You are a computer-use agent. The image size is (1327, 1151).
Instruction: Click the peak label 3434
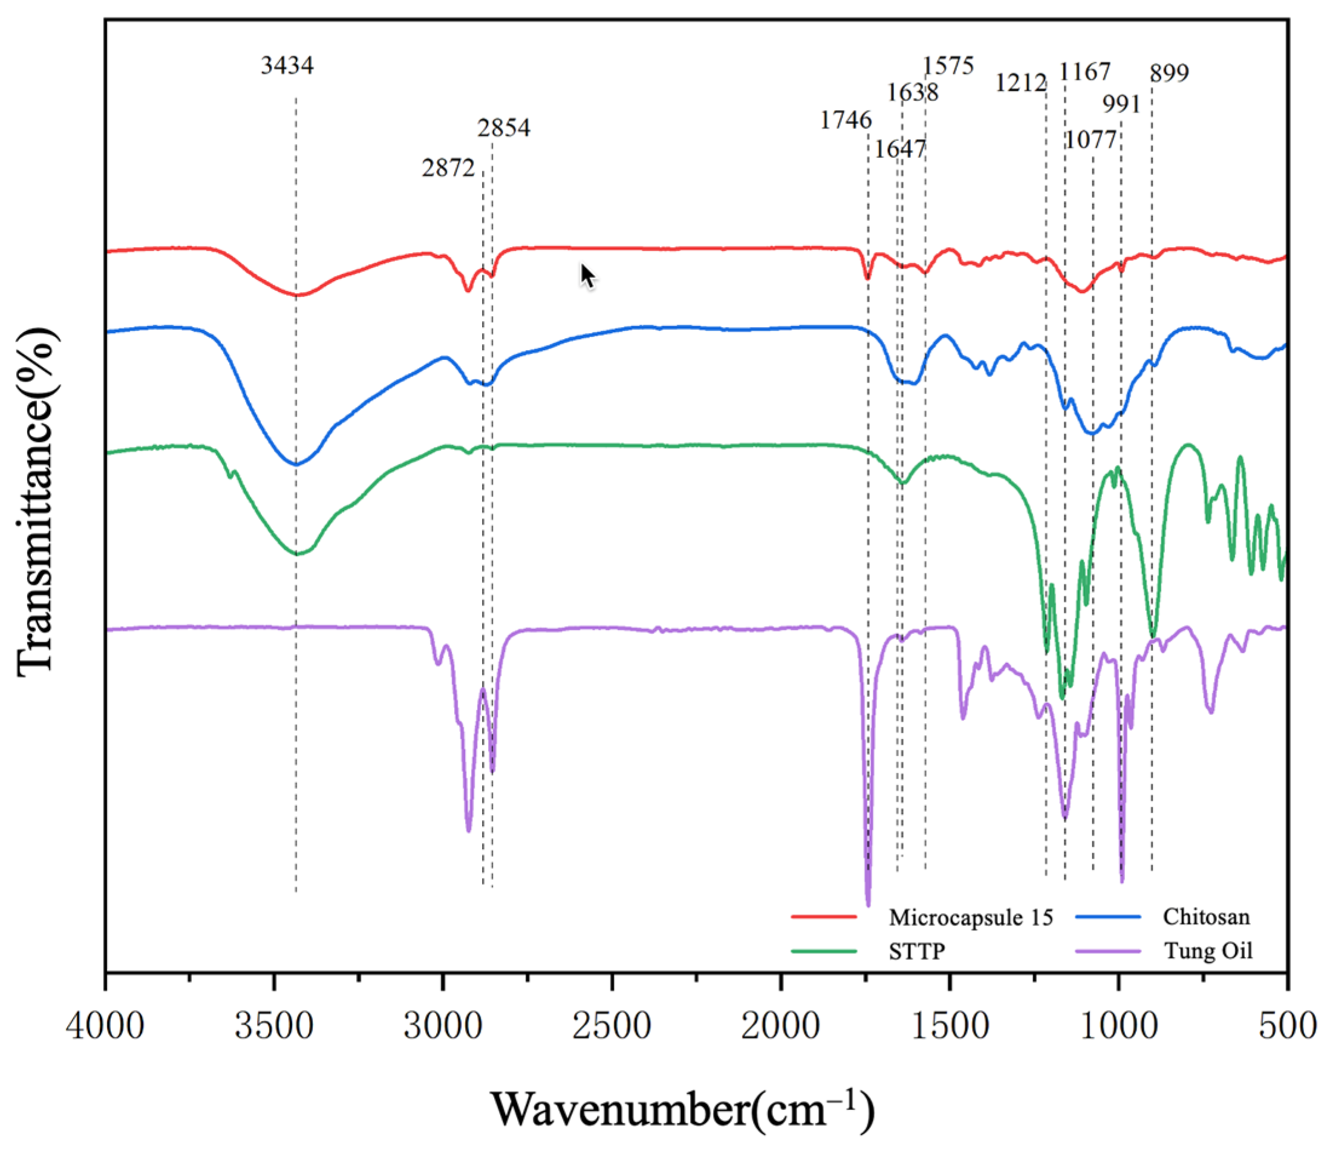[x=287, y=65]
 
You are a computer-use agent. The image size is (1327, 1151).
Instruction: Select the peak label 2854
[x=504, y=128]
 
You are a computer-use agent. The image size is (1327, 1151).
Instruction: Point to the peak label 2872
[x=448, y=168]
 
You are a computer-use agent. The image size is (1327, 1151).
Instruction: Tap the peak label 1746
[x=846, y=120]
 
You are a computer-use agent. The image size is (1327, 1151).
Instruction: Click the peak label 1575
[x=948, y=65]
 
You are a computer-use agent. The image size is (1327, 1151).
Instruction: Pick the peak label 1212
[x=1020, y=83]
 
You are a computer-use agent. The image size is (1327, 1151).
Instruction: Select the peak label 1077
[x=1090, y=139]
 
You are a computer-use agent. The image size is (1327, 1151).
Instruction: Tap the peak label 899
[x=1169, y=73]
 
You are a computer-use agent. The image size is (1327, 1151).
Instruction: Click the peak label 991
[x=1121, y=104]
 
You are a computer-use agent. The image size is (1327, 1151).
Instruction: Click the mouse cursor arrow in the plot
[x=587, y=276]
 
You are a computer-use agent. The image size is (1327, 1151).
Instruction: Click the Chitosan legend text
[x=1205, y=916]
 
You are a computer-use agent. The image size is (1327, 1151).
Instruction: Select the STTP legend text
[x=916, y=951]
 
